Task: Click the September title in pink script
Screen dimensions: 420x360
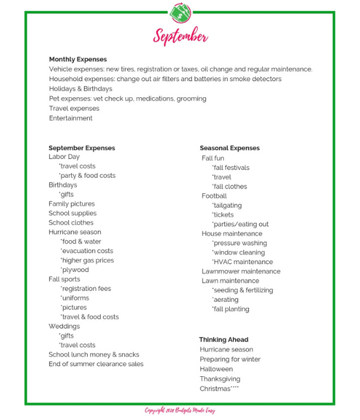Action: click(x=180, y=36)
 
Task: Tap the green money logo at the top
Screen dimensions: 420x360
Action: click(x=180, y=12)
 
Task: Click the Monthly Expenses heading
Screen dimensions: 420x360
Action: click(x=78, y=59)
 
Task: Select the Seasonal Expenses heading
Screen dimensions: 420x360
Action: click(x=230, y=148)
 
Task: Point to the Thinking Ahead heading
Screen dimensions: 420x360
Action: click(x=224, y=340)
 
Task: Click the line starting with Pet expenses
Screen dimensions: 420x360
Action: click(x=127, y=98)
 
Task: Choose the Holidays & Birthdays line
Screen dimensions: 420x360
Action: click(x=80, y=89)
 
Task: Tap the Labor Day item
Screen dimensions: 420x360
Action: click(x=64, y=157)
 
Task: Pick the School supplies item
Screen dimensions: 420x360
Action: click(x=73, y=213)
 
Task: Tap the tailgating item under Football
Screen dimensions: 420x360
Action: click(x=227, y=205)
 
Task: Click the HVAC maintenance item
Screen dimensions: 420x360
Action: click(x=242, y=262)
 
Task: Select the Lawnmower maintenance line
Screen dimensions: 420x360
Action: click(x=241, y=271)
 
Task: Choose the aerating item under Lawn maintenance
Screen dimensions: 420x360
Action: click(x=226, y=299)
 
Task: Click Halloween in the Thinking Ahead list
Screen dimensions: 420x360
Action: click(x=217, y=369)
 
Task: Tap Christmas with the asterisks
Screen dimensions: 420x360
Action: click(x=220, y=389)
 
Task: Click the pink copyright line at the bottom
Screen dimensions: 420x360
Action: click(x=179, y=410)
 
